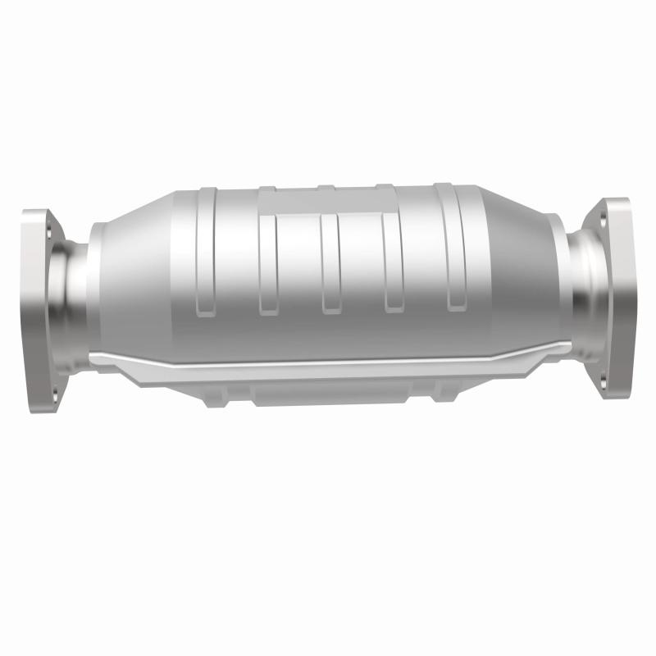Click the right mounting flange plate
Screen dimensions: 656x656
[x=613, y=297]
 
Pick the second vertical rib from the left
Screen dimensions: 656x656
[x=266, y=262]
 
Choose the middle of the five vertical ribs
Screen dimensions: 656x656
[x=330, y=262]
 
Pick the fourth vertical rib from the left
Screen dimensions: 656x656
[x=393, y=262]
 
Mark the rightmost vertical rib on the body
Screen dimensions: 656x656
[x=453, y=254]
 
